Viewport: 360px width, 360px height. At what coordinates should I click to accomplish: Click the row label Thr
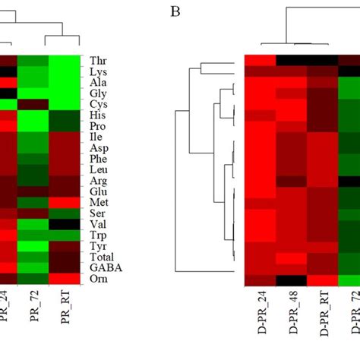pos(99,60)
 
